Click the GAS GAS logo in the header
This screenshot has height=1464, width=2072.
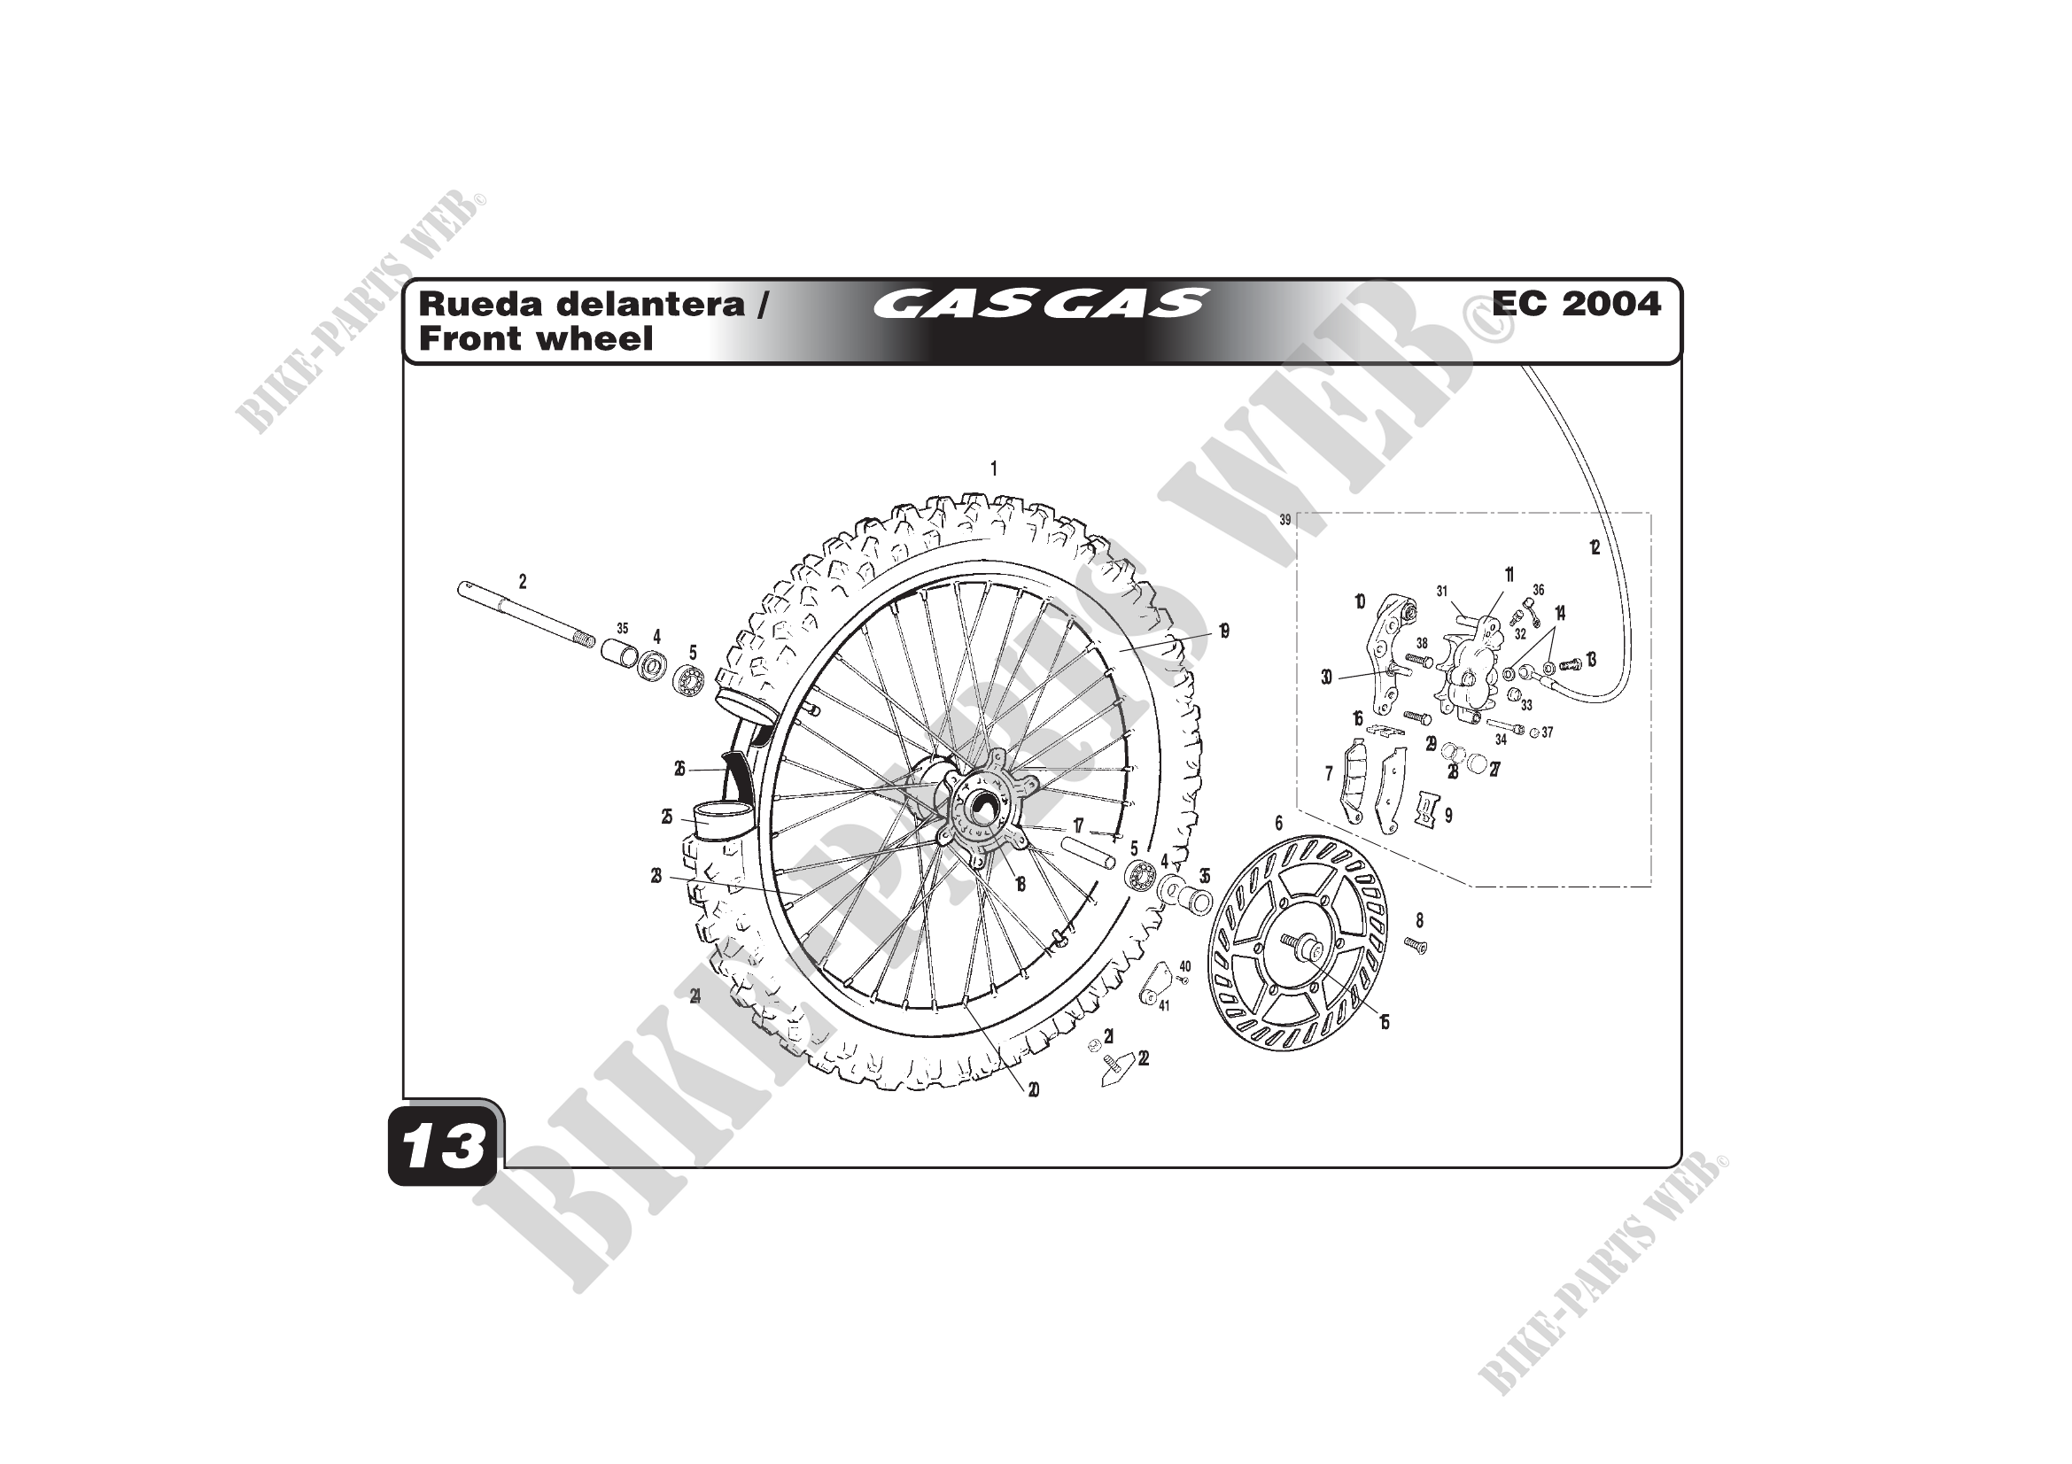tap(1040, 304)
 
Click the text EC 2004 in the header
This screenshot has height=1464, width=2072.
tap(1576, 304)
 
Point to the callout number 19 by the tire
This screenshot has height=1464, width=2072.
tap(1222, 631)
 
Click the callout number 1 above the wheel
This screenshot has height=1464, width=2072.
tap(994, 469)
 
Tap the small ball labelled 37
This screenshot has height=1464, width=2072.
tap(1533, 732)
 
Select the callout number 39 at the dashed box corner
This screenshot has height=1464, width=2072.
tap(1285, 521)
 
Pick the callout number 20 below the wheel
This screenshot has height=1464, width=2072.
tap(1033, 1089)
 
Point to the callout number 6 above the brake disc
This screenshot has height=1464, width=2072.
tap(1278, 823)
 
